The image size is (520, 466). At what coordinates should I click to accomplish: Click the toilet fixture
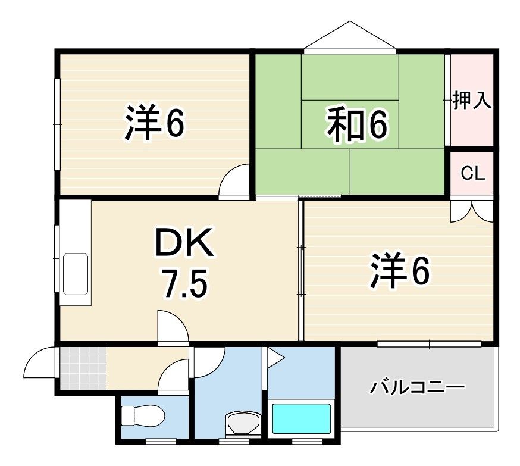point(143,415)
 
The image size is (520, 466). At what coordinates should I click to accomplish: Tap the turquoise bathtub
point(302,418)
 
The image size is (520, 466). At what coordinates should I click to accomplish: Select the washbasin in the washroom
point(243,423)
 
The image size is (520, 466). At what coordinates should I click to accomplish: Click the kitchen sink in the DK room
point(76,274)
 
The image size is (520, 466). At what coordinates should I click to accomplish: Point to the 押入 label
point(472,100)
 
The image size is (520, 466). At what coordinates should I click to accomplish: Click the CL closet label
point(473,173)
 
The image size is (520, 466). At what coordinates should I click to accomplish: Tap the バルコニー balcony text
point(418,387)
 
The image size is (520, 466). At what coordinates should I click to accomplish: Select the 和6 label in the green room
point(357,126)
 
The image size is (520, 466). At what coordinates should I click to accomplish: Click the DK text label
point(184,243)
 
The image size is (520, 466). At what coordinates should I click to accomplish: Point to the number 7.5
point(184,283)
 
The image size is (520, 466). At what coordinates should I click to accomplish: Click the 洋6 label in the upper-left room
point(154,123)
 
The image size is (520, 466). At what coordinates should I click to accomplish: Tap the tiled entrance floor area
point(83,368)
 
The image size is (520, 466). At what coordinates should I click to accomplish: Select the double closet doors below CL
point(472,209)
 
